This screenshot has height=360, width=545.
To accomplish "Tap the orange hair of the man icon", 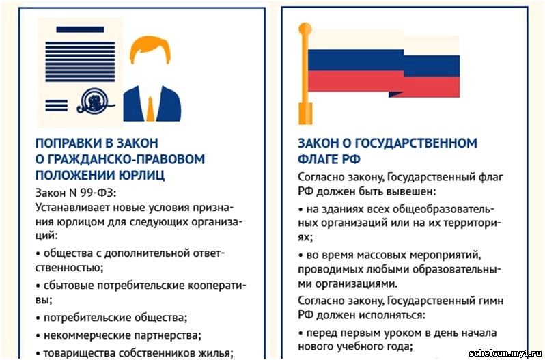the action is pyautogui.click(x=150, y=48).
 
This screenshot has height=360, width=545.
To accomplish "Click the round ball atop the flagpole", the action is pyautogui.click(x=305, y=29).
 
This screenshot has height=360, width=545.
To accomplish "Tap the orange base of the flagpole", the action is pyautogui.click(x=305, y=113).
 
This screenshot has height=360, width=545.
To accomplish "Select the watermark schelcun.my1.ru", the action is pyautogui.click(x=505, y=354).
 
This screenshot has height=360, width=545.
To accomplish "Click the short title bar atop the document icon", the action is pyautogui.click(x=80, y=29).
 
